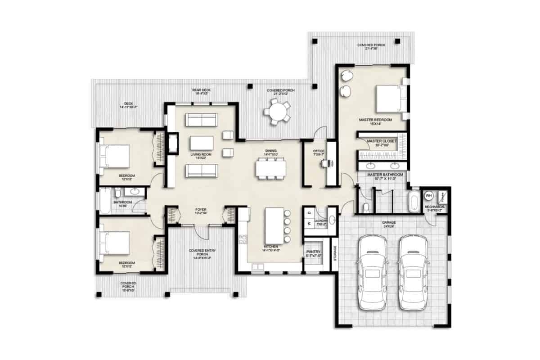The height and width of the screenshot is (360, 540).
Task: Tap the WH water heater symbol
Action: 428,196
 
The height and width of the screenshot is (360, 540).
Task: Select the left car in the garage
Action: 372,274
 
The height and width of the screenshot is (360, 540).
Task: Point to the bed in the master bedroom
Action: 390,99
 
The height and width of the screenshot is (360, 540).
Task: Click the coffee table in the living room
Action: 201,143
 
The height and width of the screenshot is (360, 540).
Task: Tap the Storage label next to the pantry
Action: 335,253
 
